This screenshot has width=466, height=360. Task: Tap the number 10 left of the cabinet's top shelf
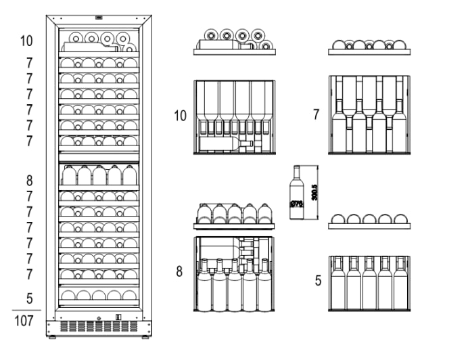[x=26, y=41]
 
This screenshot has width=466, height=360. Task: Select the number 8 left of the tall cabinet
[x=29, y=181]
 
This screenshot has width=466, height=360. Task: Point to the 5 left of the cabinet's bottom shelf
[x=29, y=298]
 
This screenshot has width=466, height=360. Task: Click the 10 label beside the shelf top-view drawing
[x=180, y=116]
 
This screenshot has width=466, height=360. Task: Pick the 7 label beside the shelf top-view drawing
[x=316, y=114]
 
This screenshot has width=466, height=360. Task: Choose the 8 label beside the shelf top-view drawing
[x=179, y=272]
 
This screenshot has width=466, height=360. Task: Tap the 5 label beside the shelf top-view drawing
[x=318, y=280]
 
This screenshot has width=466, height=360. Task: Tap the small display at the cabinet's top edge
[x=99, y=18]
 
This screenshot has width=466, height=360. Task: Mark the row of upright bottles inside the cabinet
[x=99, y=175]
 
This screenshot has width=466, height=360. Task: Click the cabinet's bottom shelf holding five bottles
[x=99, y=295]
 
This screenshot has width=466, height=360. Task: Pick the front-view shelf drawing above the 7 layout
[x=369, y=47]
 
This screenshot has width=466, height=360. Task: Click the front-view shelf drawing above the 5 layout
[x=369, y=221]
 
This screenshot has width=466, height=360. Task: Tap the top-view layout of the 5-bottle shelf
[x=369, y=283]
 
